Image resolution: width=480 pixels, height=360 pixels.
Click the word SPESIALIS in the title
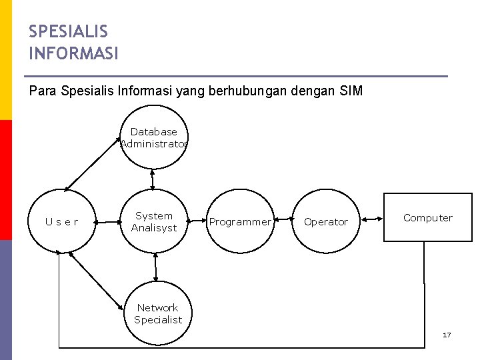pyautogui.click(x=68, y=31)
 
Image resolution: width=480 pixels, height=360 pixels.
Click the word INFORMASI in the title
pyautogui.click(x=73, y=53)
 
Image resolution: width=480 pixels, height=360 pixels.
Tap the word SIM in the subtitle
pyautogui.click(x=351, y=91)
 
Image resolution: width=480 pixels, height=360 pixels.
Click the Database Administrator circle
pyautogui.click(x=154, y=138)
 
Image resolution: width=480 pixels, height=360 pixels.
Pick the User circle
pyautogui.click(x=61, y=221)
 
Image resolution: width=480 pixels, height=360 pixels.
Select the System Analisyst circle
pyautogui.click(x=154, y=221)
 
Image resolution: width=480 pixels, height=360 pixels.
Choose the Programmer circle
pyautogui.click(x=239, y=221)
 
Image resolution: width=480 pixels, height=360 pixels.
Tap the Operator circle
pyautogui.click(x=325, y=221)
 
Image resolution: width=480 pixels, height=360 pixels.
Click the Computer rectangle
pyautogui.click(x=427, y=218)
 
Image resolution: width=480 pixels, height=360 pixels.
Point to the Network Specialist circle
pyautogui.click(x=157, y=313)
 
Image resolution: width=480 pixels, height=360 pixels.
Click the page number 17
pyautogui.click(x=447, y=335)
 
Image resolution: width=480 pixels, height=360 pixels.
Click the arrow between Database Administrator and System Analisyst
pyautogui.click(x=153, y=179)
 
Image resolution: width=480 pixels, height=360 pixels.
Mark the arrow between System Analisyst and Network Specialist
pyautogui.click(x=155, y=267)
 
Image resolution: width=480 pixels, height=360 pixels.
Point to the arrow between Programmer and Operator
pyautogui.click(x=283, y=219)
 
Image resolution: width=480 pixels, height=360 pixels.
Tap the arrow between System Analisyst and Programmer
pyautogui.click(x=197, y=220)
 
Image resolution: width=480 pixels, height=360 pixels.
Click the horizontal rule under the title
pyautogui.click(x=238, y=76)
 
